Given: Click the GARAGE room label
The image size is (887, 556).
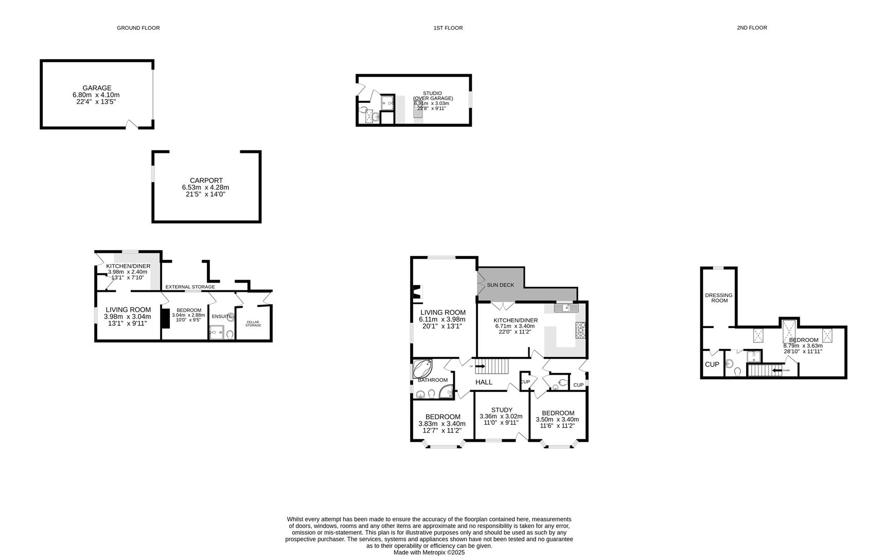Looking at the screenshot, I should click(97, 88).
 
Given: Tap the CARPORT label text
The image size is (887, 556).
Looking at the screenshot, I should click(206, 181).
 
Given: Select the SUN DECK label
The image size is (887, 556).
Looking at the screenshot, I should click(500, 285).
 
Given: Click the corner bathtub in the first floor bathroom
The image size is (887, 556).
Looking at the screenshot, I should click(423, 369).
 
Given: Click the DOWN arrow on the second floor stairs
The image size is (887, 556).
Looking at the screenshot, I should click(777, 370).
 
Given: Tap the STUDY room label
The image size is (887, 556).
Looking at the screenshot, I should click(501, 410).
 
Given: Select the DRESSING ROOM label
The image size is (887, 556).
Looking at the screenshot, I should click(719, 298).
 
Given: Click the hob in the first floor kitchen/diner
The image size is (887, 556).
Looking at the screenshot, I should click(580, 330).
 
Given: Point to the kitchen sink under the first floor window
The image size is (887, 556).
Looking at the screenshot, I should click(566, 308).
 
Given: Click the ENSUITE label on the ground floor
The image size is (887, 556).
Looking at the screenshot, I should click(222, 316).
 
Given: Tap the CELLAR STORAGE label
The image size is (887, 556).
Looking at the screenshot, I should click(253, 324).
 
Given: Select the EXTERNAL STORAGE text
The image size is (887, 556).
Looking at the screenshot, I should click(190, 287).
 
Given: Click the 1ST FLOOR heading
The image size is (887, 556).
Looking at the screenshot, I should click(448, 28).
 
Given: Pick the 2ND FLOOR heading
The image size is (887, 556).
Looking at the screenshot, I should click(751, 28).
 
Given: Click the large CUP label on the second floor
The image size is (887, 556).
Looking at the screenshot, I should click(712, 364).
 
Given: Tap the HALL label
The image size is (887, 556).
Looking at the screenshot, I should click(484, 382).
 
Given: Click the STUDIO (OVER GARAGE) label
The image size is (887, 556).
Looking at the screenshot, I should click(433, 96).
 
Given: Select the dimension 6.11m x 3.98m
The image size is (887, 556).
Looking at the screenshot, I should click(442, 319).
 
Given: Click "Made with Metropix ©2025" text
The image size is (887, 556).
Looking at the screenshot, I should click(429, 552).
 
